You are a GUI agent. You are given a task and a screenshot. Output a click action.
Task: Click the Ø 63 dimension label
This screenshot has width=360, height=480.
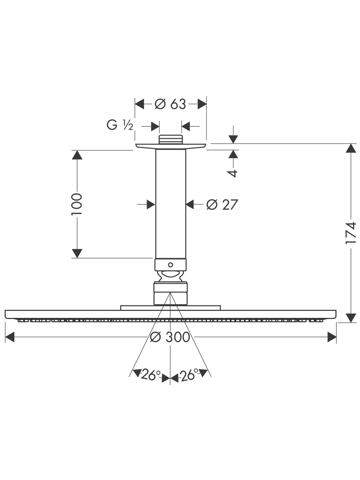point(170,104)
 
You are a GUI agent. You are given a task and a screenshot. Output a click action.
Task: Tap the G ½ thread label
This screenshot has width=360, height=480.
point(120,125)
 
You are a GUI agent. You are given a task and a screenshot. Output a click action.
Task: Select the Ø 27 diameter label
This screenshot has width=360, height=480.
point(222,204)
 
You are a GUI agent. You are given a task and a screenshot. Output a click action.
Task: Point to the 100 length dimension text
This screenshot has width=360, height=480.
point(77,204)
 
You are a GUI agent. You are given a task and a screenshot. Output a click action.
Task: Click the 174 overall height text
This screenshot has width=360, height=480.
point(351,233)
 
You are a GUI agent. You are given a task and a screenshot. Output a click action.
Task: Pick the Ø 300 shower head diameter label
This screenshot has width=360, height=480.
point(170,337)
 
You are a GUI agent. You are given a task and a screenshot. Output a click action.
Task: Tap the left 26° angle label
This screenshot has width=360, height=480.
point(151,375)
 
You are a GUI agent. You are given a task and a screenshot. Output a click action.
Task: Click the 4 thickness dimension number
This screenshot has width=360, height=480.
point(233,173)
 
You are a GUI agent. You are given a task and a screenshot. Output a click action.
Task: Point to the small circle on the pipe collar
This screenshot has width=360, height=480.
point(171,265)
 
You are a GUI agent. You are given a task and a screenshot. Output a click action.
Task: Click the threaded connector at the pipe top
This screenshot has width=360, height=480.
point(171,139)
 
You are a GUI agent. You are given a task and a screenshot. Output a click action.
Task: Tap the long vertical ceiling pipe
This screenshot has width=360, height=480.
point(171,204)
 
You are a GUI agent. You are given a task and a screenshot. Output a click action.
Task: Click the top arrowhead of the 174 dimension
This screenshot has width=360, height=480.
point(351,148)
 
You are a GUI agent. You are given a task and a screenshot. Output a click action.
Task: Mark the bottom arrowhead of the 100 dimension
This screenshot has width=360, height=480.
point(77,253)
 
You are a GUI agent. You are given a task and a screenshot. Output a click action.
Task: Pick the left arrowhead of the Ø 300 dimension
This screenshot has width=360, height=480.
point(10,337)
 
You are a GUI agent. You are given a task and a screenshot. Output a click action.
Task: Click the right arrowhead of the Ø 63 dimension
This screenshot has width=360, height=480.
point(202,104)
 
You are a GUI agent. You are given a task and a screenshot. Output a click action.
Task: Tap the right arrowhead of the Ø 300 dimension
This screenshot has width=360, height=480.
point(332,337)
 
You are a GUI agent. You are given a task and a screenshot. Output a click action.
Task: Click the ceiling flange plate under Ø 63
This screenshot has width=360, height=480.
point(171,146)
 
